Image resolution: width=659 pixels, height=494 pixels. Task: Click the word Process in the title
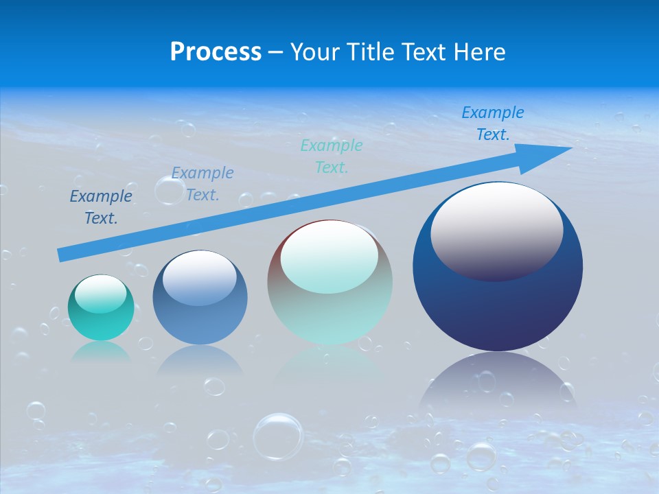pyautogui.click(x=216, y=52)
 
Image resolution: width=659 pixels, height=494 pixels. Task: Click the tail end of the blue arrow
pyautogui.click(x=63, y=255)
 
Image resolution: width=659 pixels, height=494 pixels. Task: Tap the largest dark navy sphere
pyautogui.click(x=498, y=302)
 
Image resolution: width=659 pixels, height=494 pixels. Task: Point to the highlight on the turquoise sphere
pyautogui.click(x=100, y=294)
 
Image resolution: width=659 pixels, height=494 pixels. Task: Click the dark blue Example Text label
pyautogui.click(x=101, y=207)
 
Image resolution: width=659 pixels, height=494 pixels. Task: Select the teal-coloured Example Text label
pyautogui.click(x=332, y=156)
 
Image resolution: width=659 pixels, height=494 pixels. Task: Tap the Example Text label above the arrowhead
pyautogui.click(x=493, y=123)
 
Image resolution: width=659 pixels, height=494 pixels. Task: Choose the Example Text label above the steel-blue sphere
pyautogui.click(x=203, y=183)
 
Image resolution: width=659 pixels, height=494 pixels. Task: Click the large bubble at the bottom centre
pyautogui.click(x=277, y=436)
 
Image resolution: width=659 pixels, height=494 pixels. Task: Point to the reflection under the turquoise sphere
pyautogui.click(x=101, y=351)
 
